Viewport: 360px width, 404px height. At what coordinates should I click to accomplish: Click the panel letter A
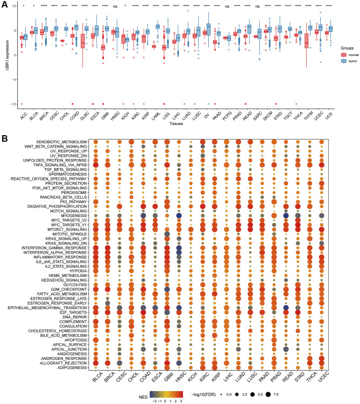[x=5, y=4]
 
